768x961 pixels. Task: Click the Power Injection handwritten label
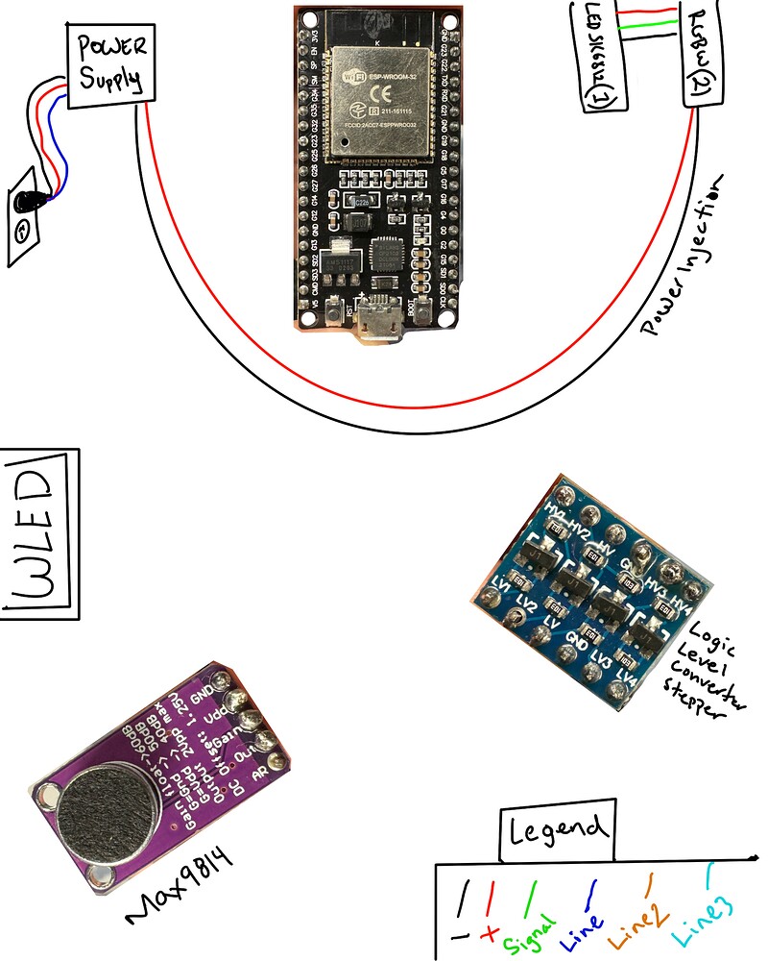(x=689, y=256)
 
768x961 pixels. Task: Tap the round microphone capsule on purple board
(x=98, y=813)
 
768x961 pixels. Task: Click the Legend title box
(x=557, y=832)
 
